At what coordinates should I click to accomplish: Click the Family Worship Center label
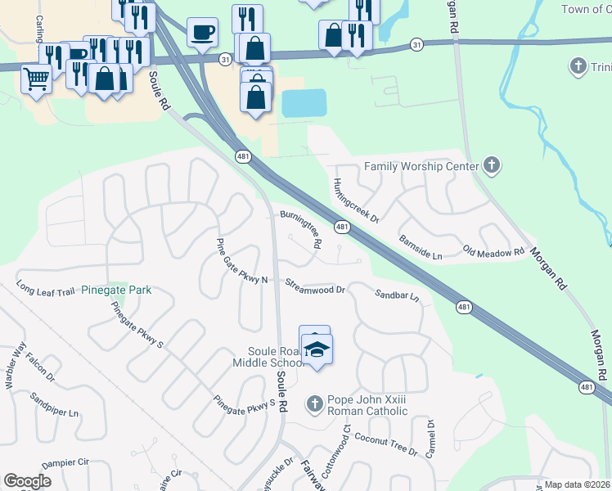tap(421, 166)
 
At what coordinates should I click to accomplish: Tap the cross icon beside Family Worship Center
tap(491, 166)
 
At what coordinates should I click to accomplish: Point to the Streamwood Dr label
tap(315, 286)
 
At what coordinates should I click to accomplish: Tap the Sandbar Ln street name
tap(397, 295)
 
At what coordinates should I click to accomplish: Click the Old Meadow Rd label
tap(493, 251)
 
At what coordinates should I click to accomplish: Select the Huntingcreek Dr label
tap(356, 200)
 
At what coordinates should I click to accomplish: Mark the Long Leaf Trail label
tap(46, 289)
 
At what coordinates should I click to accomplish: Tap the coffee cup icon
tap(202, 33)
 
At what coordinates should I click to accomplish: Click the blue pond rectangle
tap(304, 103)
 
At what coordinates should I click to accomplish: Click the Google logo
tap(27, 481)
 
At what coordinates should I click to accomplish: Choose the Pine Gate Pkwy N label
tap(241, 262)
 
